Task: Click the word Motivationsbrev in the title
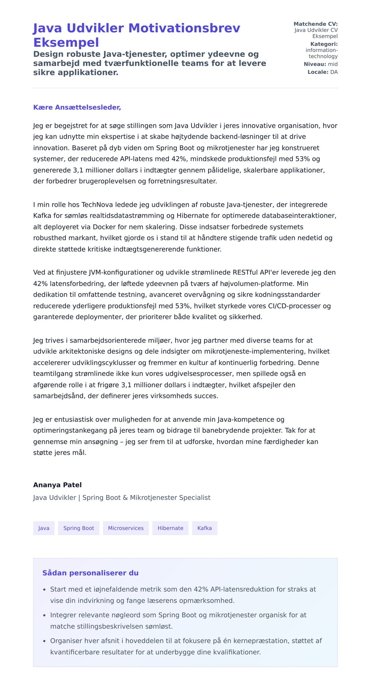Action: [184, 28]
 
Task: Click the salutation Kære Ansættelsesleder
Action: [77, 107]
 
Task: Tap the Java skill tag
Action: [44, 528]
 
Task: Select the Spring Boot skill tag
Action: [79, 528]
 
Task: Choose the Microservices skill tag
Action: [126, 528]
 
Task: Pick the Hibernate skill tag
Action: [170, 528]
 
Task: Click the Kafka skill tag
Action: [204, 528]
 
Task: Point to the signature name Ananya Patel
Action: [58, 485]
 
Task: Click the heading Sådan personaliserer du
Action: [90, 573]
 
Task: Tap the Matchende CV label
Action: [315, 24]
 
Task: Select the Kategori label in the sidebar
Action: [324, 44]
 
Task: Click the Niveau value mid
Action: [333, 64]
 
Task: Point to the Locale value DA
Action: [334, 72]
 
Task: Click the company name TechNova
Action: [97, 205]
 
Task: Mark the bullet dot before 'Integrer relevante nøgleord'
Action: [44, 616]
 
